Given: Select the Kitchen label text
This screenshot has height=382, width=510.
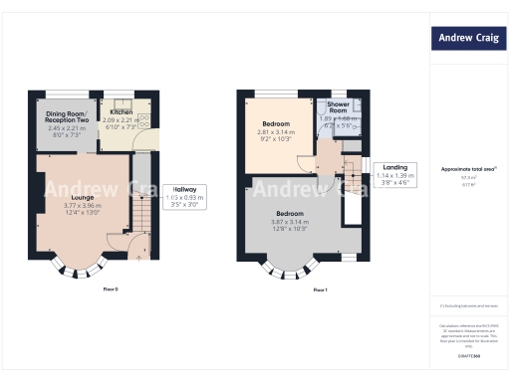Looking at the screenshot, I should click(x=122, y=113).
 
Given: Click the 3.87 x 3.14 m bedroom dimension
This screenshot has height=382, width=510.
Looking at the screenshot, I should click(x=290, y=222).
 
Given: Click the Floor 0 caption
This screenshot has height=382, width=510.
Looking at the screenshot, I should click(x=111, y=289).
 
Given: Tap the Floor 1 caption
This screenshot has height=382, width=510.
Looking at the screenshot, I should click(x=320, y=289).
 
